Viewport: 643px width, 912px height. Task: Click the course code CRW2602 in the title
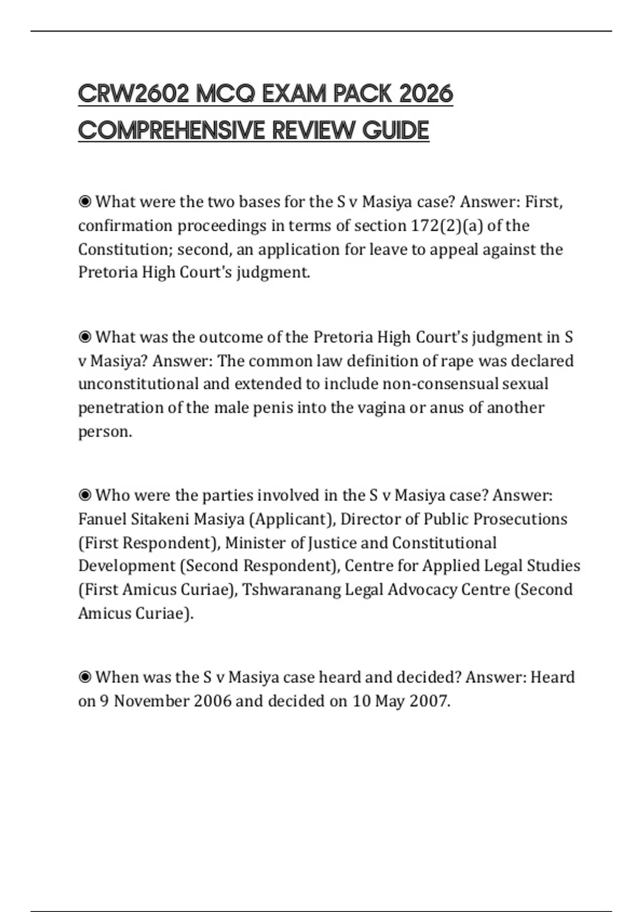point(133,94)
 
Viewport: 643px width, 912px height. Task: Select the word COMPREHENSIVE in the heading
point(171,130)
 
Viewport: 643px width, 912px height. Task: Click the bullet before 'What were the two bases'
point(85,202)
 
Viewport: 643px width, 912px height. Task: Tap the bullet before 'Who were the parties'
point(85,495)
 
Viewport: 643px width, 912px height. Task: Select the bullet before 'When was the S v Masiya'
point(85,678)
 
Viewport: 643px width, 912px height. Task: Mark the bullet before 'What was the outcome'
point(85,337)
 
